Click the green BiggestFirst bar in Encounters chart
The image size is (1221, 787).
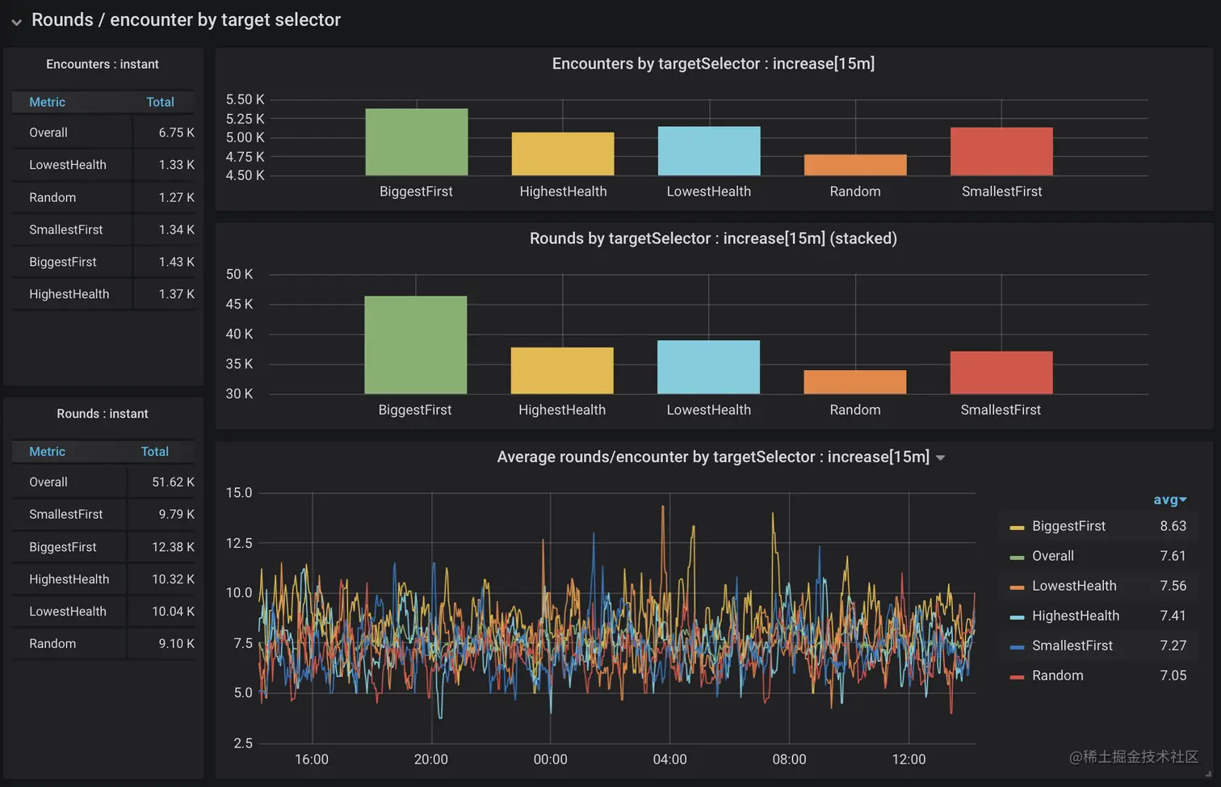tap(416, 142)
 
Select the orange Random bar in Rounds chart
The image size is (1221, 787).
tap(854, 382)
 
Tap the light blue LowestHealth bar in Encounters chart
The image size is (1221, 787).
tap(709, 151)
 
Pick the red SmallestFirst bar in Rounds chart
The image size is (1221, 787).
tap(1001, 372)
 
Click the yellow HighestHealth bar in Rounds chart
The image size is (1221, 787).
tap(562, 371)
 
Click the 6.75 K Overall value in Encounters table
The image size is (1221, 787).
tap(176, 133)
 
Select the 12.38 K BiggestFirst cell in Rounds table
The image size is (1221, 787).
tap(173, 547)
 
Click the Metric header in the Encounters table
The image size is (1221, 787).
tap(47, 102)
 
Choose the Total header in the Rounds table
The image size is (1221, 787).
tap(154, 452)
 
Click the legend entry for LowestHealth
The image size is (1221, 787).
tap(1073, 586)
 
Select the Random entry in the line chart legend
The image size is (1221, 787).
tap(1057, 675)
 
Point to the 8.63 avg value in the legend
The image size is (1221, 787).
tap(1173, 526)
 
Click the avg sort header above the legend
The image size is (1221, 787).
tap(1169, 500)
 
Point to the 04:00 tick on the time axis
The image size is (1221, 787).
tap(669, 760)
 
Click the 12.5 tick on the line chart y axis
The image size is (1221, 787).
tap(239, 543)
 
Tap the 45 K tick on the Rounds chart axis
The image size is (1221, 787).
tap(239, 305)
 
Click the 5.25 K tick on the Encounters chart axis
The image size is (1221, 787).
tap(245, 119)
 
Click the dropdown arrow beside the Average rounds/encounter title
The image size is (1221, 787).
tap(940, 458)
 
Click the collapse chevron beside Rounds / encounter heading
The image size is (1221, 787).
tap(16, 22)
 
